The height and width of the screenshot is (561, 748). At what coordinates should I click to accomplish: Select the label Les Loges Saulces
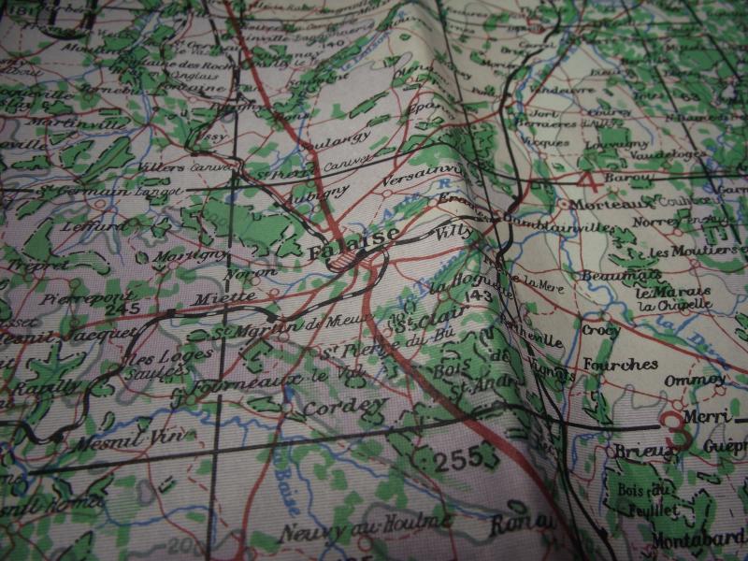pyautogui.click(x=157, y=363)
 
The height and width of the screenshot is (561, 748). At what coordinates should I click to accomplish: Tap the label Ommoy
pyautogui.click(x=693, y=379)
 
